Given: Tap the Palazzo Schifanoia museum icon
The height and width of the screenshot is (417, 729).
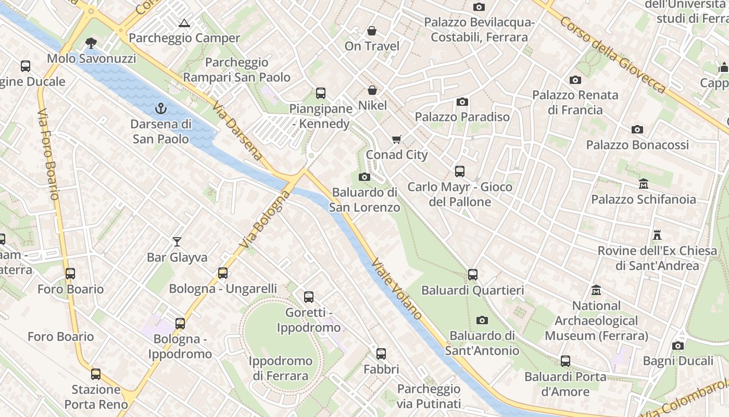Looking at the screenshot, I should point(644,184).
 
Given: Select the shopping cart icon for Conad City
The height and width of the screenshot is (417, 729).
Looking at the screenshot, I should point(397,139).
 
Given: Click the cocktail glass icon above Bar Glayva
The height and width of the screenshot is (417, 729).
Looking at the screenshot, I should point(177,241).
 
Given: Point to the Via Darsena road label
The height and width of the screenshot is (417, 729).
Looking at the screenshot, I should point(237,131).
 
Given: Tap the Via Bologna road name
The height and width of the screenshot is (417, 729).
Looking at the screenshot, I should point(265,219).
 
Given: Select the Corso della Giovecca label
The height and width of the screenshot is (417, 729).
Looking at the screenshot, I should point(613,55).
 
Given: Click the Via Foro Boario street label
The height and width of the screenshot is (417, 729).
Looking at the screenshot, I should point(48,154).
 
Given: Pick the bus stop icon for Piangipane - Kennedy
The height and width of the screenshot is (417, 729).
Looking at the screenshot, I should point(321,93).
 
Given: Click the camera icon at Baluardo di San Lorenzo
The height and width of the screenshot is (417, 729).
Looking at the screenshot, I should point(364,177).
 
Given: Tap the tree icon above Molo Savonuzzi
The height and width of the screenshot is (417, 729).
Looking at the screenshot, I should point(91,43).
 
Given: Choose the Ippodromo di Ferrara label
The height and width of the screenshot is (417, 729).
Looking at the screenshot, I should point(280,368).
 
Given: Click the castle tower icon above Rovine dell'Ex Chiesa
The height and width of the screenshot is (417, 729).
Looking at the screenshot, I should point(657,235).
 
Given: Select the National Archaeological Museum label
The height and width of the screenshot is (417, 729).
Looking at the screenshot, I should point(596,321).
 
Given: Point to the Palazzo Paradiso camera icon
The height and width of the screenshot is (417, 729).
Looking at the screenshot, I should point(462,102).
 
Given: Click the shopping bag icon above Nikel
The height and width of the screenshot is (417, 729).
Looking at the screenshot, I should point(372,90).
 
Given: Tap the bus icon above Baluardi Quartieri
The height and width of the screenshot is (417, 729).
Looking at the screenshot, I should point(473,274).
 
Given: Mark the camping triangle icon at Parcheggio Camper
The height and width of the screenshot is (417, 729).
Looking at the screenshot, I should point(183,23).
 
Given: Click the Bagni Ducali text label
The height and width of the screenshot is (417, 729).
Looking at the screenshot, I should point(678,361).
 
